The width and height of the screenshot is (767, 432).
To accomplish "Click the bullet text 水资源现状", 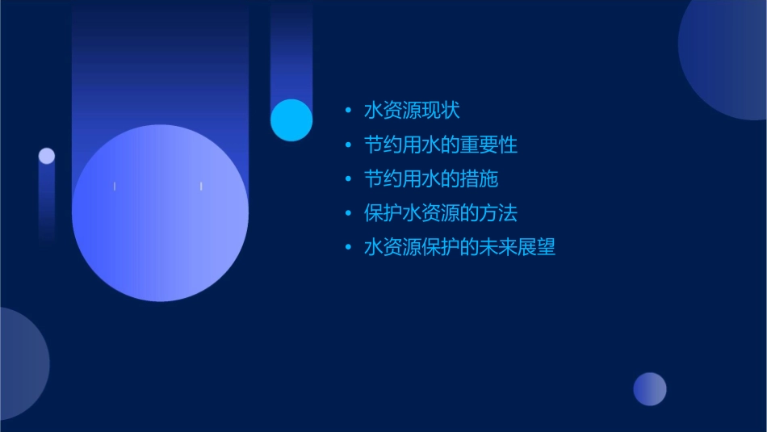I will point(412,111).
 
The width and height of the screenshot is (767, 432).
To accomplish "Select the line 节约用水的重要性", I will point(441,145).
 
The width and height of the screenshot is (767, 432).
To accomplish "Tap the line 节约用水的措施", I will point(431,179).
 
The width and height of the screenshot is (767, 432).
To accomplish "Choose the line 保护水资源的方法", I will point(441,213).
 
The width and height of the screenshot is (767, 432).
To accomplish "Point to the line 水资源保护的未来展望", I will point(459,247).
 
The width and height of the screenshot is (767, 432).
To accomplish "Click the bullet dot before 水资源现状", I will point(348,111).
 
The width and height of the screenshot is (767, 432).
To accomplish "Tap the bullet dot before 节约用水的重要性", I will point(348,145).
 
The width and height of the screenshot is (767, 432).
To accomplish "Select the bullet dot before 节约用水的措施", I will point(348,179).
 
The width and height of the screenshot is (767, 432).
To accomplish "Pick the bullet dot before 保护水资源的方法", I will point(348,213).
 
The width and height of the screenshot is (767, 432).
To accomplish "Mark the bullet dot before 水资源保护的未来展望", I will point(348,247).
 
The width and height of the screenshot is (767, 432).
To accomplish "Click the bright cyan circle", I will point(291,120).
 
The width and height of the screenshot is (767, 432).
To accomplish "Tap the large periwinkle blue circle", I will point(160,213).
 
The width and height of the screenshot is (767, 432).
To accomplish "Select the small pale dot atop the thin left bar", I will point(47,156).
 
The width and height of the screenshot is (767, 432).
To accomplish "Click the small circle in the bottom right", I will point(650,388).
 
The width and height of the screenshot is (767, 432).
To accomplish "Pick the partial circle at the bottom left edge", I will point(20,363).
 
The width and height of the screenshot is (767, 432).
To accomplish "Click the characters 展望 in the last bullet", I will point(537,247).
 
